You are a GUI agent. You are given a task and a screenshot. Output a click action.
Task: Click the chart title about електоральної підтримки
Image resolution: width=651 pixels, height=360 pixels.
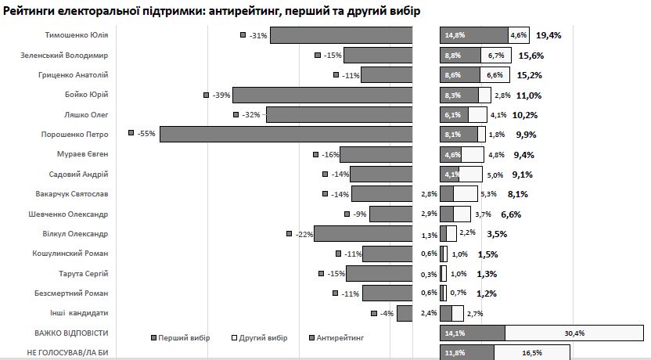(x=211, y=11)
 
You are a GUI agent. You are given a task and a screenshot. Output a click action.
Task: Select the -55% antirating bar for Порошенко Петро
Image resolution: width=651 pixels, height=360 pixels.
(x=286, y=134)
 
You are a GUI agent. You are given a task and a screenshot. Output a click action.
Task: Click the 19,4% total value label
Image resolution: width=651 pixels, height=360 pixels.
(x=548, y=35)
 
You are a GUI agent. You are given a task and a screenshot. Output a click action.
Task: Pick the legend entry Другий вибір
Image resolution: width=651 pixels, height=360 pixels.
(x=261, y=337)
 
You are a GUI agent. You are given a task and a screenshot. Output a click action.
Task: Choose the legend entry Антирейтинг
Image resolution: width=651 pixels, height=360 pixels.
(x=341, y=337)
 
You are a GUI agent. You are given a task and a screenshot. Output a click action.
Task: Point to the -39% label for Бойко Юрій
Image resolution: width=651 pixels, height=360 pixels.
(x=221, y=95)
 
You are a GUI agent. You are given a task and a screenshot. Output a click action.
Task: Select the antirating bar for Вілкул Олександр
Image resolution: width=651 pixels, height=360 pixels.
(x=363, y=233)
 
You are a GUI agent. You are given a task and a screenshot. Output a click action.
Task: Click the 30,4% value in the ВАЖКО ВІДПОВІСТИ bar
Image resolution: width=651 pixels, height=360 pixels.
(x=575, y=333)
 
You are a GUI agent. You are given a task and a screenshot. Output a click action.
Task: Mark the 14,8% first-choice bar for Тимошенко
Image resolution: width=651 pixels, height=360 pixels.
(x=473, y=35)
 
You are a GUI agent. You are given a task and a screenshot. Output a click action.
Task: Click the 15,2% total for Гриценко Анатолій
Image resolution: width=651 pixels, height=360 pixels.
(x=530, y=75)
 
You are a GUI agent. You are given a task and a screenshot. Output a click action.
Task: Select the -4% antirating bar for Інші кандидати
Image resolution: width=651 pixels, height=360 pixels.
(x=405, y=313)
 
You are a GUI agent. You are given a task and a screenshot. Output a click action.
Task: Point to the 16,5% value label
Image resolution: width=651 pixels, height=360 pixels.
(x=532, y=353)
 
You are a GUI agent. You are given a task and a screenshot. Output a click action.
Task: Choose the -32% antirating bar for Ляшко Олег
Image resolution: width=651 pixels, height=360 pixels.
(x=339, y=114)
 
